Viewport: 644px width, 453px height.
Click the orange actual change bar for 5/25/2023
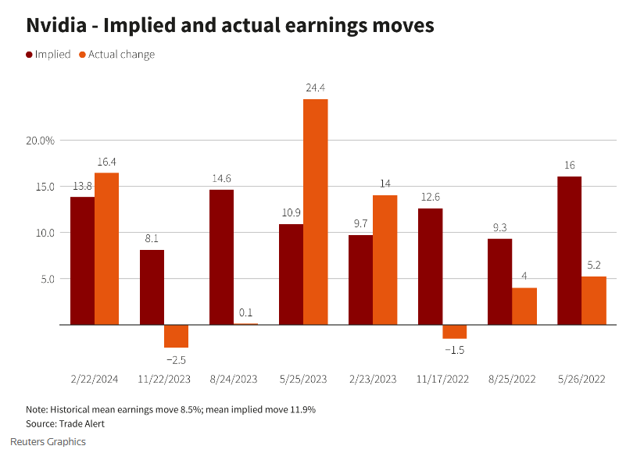coord(316,212)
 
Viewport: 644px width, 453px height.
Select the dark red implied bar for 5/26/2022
coord(569,250)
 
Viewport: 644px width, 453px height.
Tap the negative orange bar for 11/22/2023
coord(177,336)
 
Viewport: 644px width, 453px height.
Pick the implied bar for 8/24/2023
coord(222,257)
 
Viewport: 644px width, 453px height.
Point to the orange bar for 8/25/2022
coord(524,306)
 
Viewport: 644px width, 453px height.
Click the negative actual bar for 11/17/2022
coord(455,331)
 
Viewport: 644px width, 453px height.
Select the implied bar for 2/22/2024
coord(82,260)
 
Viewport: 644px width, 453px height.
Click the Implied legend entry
coord(48,55)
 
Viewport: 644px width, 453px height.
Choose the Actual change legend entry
coord(116,55)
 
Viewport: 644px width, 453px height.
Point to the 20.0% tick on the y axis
coord(41,141)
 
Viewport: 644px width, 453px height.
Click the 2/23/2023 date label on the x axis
coord(373,379)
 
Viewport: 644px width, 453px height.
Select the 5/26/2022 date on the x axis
coord(581,379)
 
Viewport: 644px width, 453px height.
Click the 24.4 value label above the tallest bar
coord(316,87)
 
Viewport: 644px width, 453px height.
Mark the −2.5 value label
coord(176,360)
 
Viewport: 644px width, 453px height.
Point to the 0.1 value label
coord(246,313)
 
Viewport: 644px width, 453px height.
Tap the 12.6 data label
coord(431,197)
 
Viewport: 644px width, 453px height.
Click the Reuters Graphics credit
coord(48,442)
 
